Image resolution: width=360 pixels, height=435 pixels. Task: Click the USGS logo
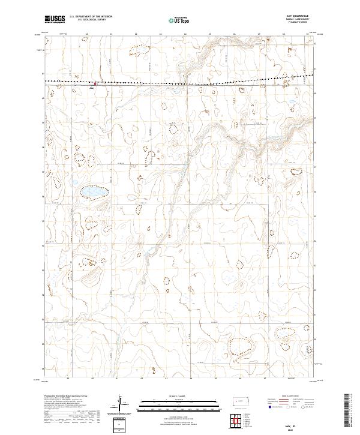55,19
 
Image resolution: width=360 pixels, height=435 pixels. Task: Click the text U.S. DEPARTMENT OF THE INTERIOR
91,17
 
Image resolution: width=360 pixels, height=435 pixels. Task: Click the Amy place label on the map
92,88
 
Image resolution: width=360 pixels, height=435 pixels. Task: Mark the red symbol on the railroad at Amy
94,82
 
